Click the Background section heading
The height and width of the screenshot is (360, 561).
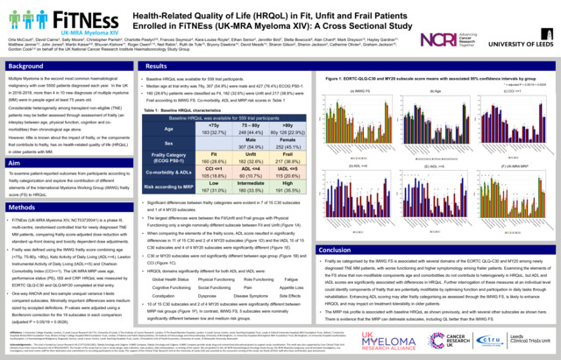tap(26, 66)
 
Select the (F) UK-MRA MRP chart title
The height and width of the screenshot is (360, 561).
tap(488, 165)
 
